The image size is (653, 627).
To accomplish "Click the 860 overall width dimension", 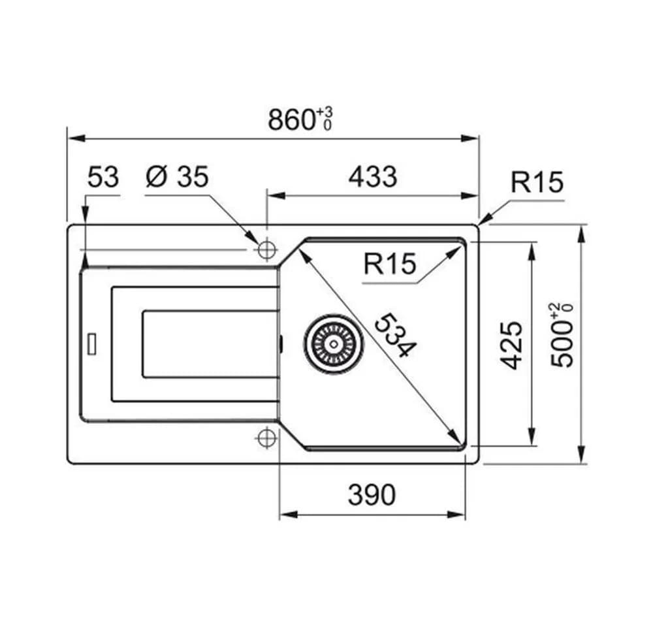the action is (x=291, y=120).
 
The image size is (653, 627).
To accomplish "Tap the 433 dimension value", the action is (x=373, y=176).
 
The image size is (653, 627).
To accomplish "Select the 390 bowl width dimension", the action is (x=372, y=495).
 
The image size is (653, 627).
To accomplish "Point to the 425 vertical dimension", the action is (x=511, y=346).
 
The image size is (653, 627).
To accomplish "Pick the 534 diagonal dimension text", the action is (x=395, y=336).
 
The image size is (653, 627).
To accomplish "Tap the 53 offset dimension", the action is (x=103, y=176).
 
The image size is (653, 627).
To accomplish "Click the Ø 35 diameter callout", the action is (x=177, y=176).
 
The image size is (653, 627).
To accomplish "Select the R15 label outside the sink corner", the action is (x=537, y=182).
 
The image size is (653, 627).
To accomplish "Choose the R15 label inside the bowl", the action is (x=390, y=264).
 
